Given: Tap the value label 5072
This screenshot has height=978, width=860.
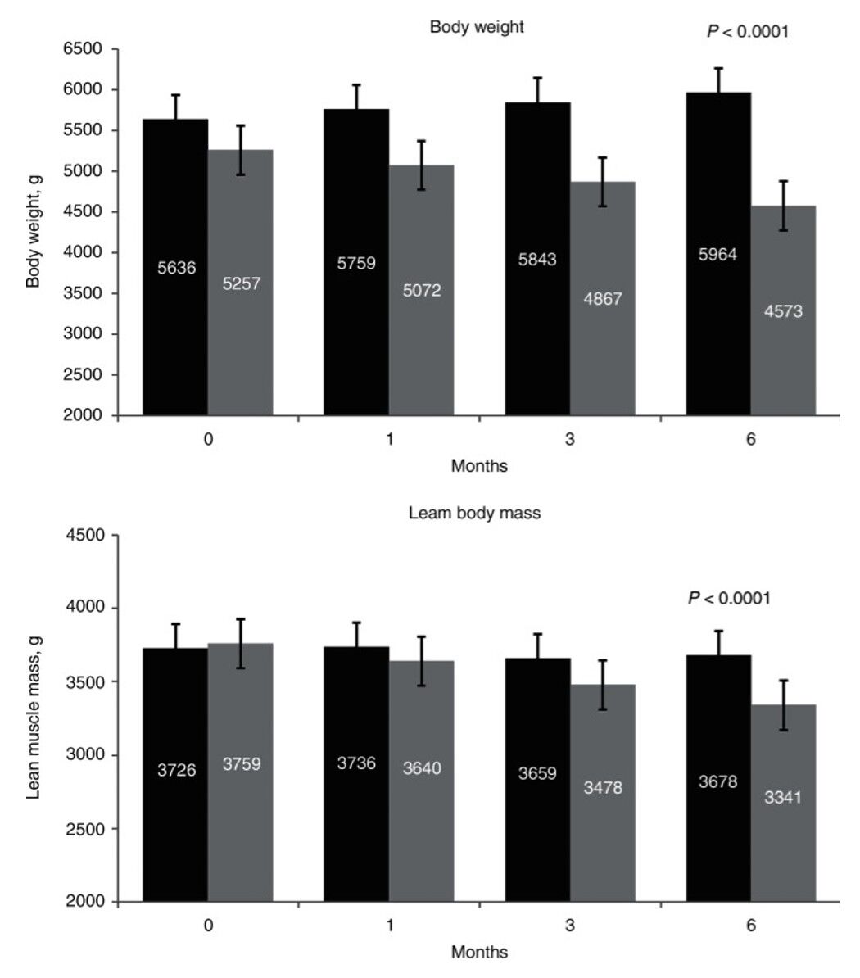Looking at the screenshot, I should point(422,290).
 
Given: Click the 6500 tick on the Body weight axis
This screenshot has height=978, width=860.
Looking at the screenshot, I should point(82,49).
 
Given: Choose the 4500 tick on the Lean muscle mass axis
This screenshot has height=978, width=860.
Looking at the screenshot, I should point(82,535).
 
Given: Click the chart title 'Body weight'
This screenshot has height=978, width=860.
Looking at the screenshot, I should point(477,27).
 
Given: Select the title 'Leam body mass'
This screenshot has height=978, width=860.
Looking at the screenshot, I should point(474,514).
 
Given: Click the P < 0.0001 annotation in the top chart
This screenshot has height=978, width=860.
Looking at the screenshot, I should point(747,32).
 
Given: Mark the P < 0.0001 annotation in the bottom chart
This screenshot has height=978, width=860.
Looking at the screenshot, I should point(729,599).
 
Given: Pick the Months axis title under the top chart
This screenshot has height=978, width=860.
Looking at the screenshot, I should point(479,466).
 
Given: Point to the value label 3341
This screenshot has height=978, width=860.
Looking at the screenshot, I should point(783,797).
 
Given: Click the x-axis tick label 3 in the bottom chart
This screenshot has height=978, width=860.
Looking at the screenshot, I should point(569,926).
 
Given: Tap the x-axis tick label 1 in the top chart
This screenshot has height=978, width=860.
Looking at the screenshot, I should point(389,439).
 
